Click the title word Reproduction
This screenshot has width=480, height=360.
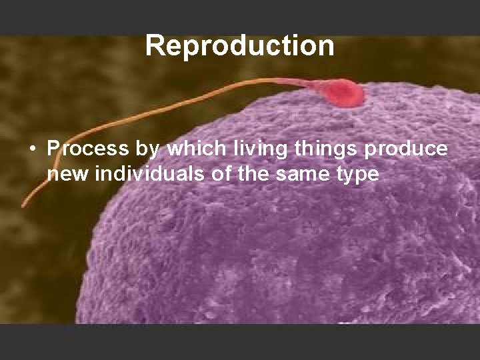(x=240, y=45)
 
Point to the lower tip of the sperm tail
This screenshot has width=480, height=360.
(x=23, y=205)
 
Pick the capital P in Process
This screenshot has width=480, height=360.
(x=55, y=149)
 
